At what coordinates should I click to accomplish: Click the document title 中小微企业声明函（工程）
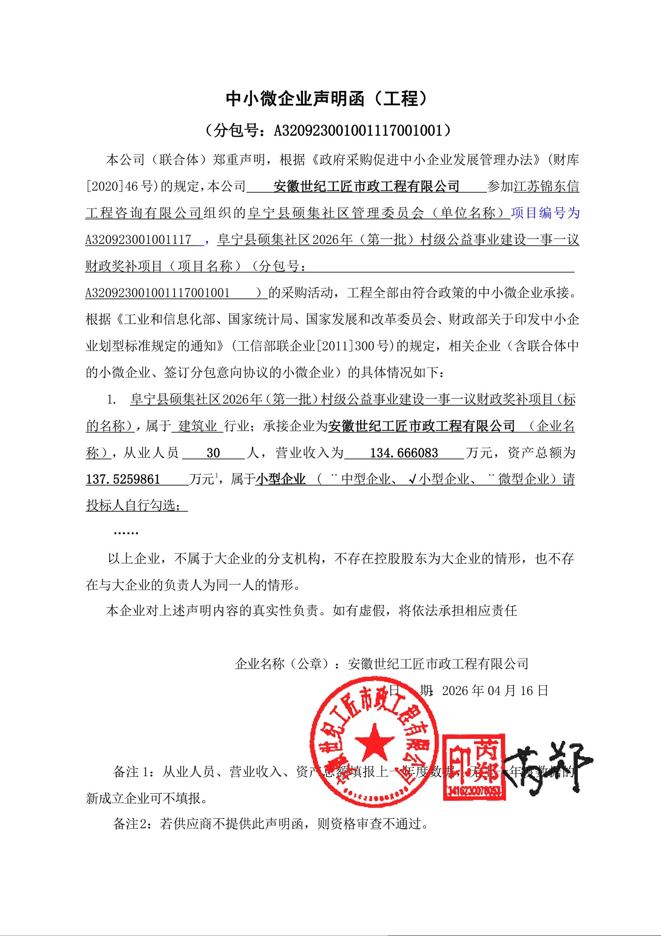[327, 98]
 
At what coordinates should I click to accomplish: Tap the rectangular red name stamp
[474, 767]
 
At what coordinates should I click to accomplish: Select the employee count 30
[213, 453]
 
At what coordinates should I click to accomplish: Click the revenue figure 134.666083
[404, 453]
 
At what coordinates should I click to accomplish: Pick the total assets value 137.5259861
[123, 479]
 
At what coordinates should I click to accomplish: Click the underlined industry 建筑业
[197, 426]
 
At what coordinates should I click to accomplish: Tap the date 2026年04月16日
[495, 690]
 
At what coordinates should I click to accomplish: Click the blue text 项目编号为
[545, 213]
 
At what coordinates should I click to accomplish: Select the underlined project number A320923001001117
[138, 240]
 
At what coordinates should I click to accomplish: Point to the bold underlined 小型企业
[280, 479]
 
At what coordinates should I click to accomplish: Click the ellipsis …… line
[126, 532]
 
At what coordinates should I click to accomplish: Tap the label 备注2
[130, 823]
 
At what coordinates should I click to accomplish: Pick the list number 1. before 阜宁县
[111, 400]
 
